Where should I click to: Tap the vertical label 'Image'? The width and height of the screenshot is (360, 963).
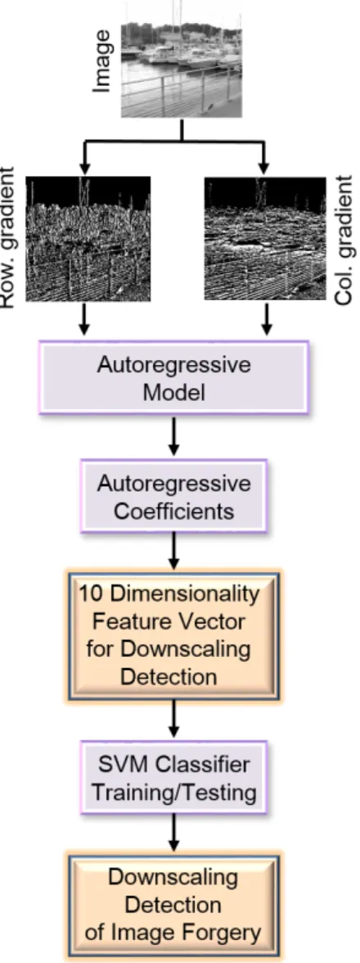[103, 61]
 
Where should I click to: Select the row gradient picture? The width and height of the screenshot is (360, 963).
[88, 239]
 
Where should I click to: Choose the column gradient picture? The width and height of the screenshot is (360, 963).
[265, 239]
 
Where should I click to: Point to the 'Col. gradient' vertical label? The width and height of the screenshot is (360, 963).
[345, 240]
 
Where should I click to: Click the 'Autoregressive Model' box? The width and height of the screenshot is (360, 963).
[173, 377]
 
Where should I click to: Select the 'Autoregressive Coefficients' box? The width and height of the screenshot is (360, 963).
[173, 496]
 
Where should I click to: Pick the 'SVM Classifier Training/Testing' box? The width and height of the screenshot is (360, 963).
[173, 777]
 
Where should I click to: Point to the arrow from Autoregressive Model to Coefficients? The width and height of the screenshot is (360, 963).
[173, 437]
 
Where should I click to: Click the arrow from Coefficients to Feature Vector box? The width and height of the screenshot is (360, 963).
[173, 550]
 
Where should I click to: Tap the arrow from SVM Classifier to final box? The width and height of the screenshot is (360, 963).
[173, 831]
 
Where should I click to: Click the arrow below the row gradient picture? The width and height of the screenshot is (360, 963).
[85, 319]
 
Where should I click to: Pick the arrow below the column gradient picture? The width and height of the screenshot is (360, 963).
[266, 319]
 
